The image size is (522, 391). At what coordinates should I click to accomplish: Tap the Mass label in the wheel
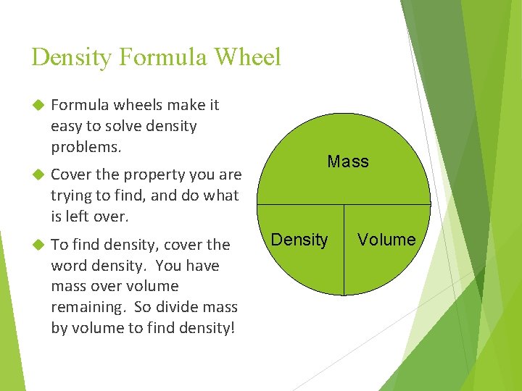click(x=348, y=161)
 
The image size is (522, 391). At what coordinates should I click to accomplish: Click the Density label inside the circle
click(x=299, y=240)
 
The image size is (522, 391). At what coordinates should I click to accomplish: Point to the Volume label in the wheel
click(x=387, y=240)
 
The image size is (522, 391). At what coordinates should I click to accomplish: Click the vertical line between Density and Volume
click(x=344, y=250)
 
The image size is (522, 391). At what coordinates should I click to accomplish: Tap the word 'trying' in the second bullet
click(x=72, y=195)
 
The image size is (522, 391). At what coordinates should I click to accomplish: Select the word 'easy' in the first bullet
click(x=65, y=126)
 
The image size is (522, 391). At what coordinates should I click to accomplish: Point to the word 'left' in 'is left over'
click(x=78, y=216)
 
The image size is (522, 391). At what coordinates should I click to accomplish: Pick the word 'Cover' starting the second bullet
click(x=70, y=175)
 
